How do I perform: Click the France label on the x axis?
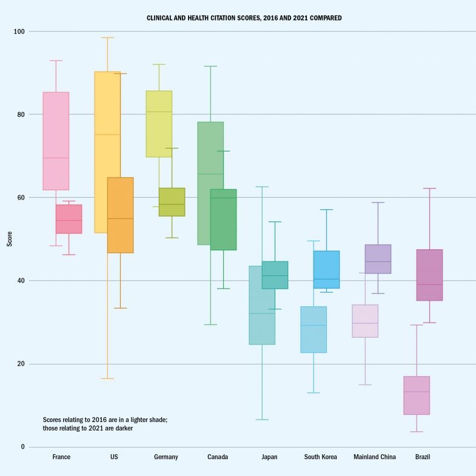coord(62,457)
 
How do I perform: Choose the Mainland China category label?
coord(374,457)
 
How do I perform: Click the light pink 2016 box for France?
coord(56,141)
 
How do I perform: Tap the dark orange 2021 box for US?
coord(120,215)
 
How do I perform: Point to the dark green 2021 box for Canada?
coord(223,220)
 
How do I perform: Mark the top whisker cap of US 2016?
coord(107,38)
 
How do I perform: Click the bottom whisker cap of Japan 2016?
coord(262,420)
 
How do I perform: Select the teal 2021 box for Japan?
coord(275,275)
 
